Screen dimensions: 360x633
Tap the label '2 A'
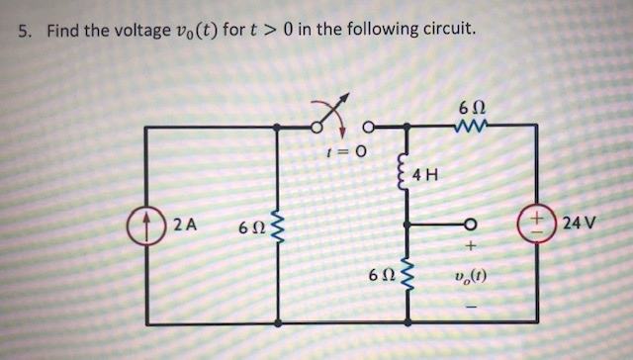coord(184,225)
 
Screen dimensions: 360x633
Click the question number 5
coord(24,31)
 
